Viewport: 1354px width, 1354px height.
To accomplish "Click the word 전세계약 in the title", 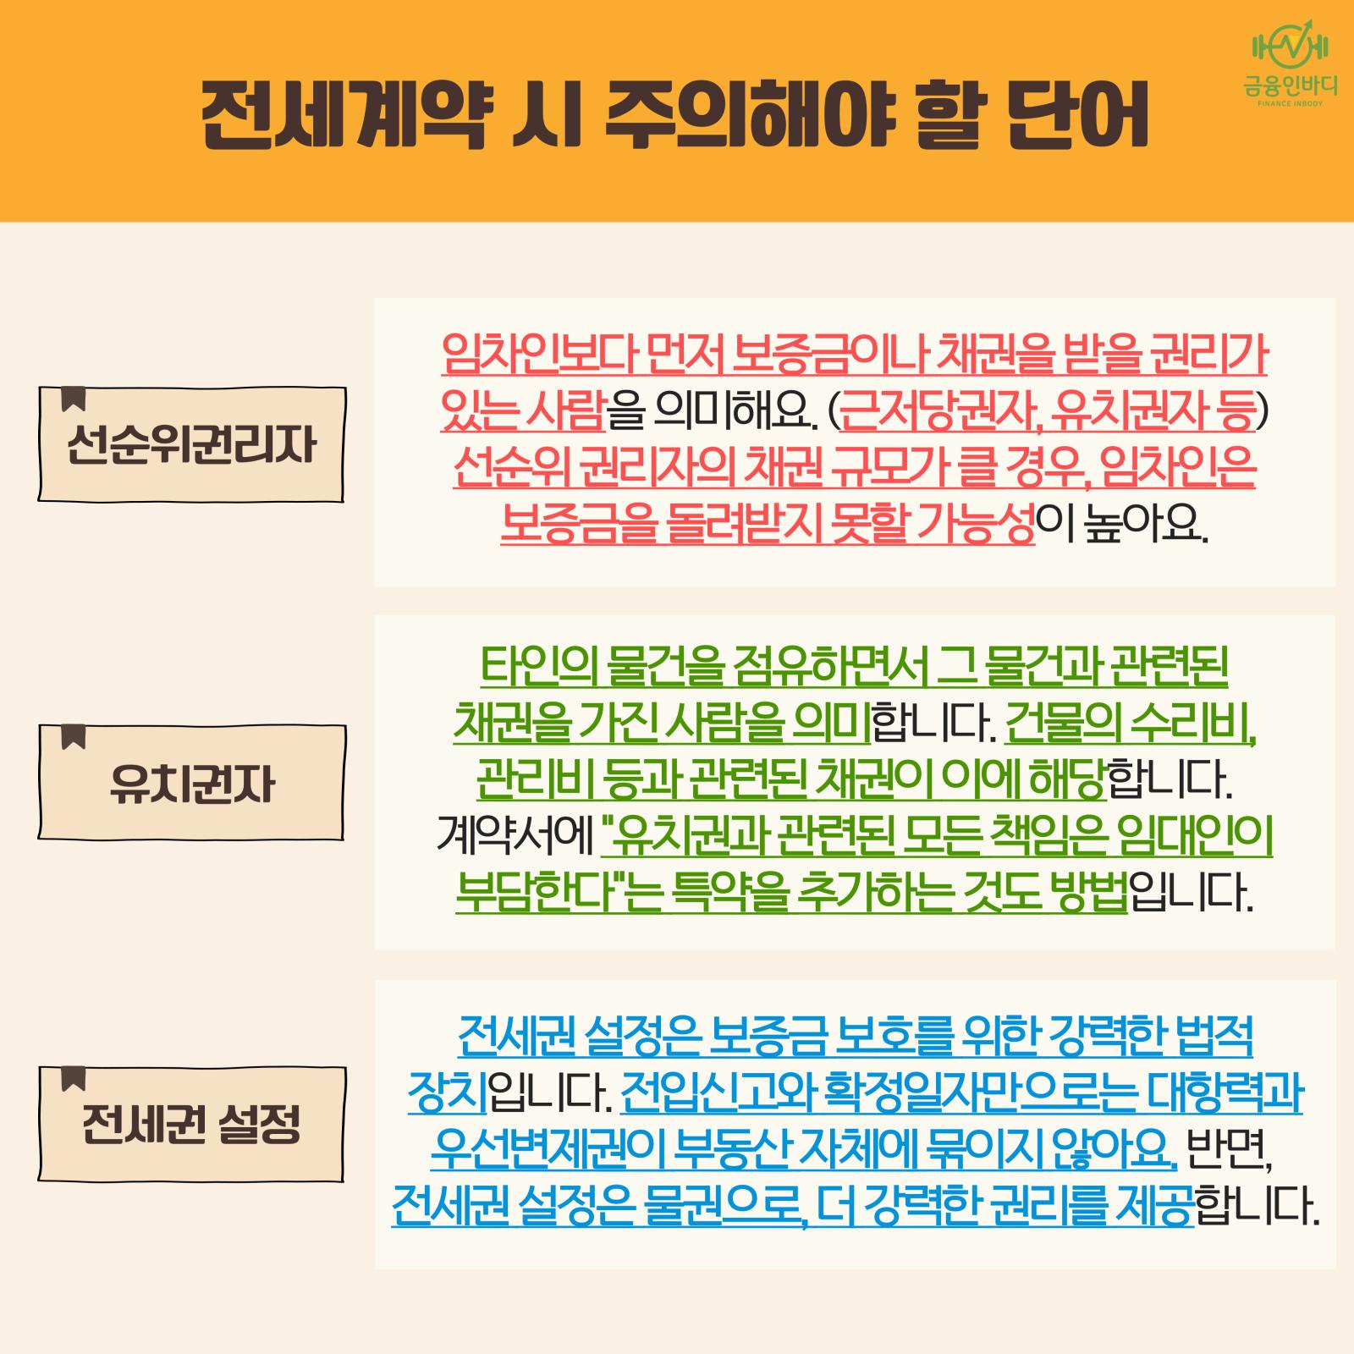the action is click(344, 113).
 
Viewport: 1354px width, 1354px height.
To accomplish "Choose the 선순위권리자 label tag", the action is click(191, 444).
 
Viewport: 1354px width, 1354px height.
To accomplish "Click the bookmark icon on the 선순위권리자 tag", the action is click(74, 399).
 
